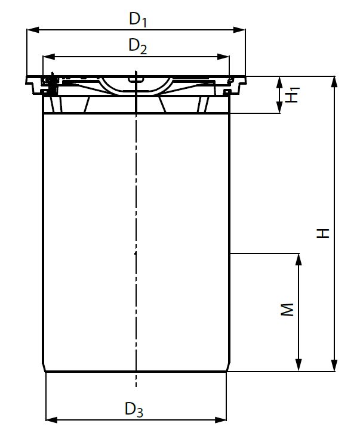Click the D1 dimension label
click(138, 19)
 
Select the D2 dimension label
click(138, 46)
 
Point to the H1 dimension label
click(291, 95)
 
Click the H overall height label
click(323, 232)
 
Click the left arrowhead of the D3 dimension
click(51, 420)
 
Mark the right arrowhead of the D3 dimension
click(222, 420)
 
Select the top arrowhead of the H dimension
click(334, 81)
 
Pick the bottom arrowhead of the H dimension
click(334, 367)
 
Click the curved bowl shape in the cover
click(136, 86)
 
